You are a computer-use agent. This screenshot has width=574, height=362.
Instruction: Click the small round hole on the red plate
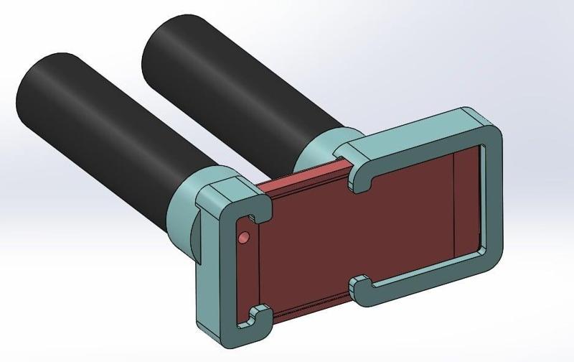(243, 236)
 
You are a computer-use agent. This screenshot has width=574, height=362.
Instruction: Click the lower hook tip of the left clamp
(254, 315)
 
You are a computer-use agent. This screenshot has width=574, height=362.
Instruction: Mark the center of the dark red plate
(359, 233)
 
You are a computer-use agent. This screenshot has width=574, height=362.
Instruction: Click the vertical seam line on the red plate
(456, 201)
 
